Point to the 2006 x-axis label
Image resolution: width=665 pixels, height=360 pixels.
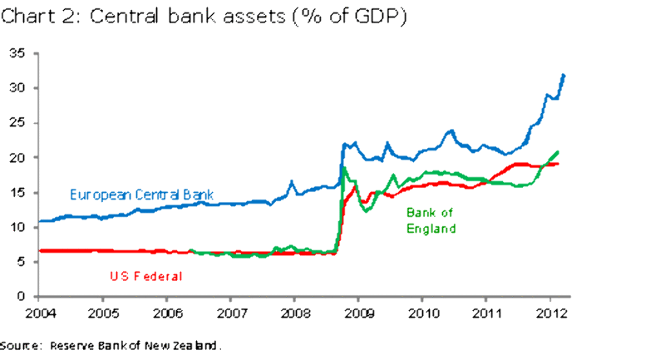(166, 313)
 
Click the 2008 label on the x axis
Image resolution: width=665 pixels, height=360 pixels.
(293, 313)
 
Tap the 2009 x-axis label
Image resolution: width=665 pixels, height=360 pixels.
(357, 313)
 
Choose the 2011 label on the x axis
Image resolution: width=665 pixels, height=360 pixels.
(485, 313)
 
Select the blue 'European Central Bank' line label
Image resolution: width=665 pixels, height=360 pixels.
(142, 195)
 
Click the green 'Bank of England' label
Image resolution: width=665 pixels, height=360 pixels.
(432, 220)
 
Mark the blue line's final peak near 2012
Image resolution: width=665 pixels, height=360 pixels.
(564, 76)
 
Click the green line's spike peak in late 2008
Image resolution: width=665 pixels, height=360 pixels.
(343, 168)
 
